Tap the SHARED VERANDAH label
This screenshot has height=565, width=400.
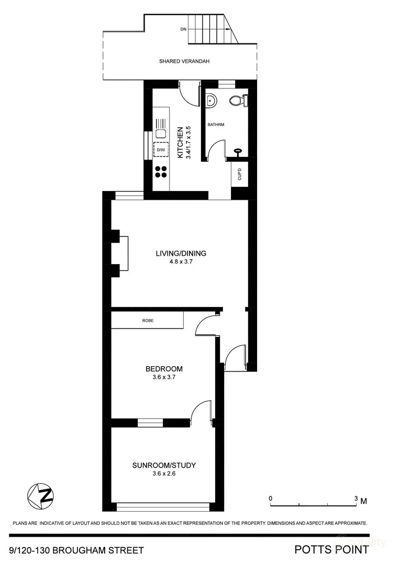pyautogui.click(x=184, y=61)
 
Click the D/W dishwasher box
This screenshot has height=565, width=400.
pyautogui.click(x=161, y=150)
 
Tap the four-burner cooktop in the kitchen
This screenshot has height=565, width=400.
pyautogui.click(x=161, y=172)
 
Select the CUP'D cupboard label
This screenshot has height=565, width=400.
pyautogui.click(x=240, y=175)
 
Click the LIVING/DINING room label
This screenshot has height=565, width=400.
pyautogui.click(x=181, y=253)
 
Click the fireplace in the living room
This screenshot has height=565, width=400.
pyautogui.click(x=121, y=253)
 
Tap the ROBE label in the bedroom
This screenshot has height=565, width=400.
pyautogui.click(x=147, y=320)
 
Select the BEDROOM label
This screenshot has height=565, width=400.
pyautogui.click(x=164, y=369)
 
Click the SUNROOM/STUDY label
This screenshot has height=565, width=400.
pyautogui.click(x=164, y=465)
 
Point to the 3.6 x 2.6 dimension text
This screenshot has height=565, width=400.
pyautogui.click(x=164, y=474)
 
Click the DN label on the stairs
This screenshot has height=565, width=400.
pyautogui.click(x=183, y=29)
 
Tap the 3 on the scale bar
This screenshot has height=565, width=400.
pyautogui.click(x=356, y=499)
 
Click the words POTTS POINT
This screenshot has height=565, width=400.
pyautogui.click(x=331, y=550)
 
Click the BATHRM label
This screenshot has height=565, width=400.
pyautogui.click(x=216, y=125)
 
